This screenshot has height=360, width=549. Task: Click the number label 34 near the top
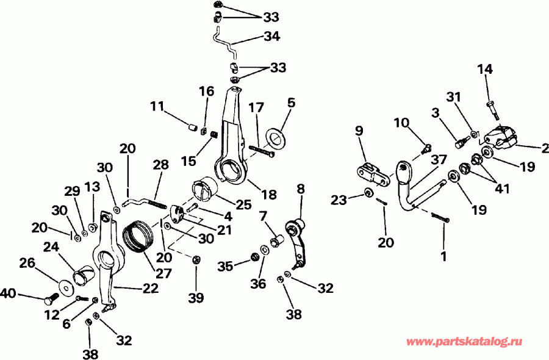click(271, 37)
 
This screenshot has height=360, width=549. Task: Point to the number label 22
click(151, 287)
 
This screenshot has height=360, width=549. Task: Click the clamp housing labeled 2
click(504, 137)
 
